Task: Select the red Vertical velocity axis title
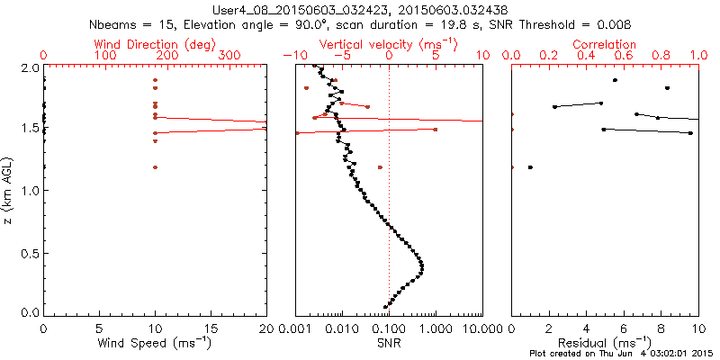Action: (x=388, y=43)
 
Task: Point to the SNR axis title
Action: (x=389, y=343)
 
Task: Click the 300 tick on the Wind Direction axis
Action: (x=230, y=56)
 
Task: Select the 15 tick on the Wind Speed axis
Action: (x=211, y=329)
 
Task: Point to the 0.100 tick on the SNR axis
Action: (x=388, y=329)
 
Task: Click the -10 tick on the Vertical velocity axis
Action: (x=293, y=56)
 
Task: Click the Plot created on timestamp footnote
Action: (x=621, y=354)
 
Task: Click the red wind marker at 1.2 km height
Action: (x=155, y=167)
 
